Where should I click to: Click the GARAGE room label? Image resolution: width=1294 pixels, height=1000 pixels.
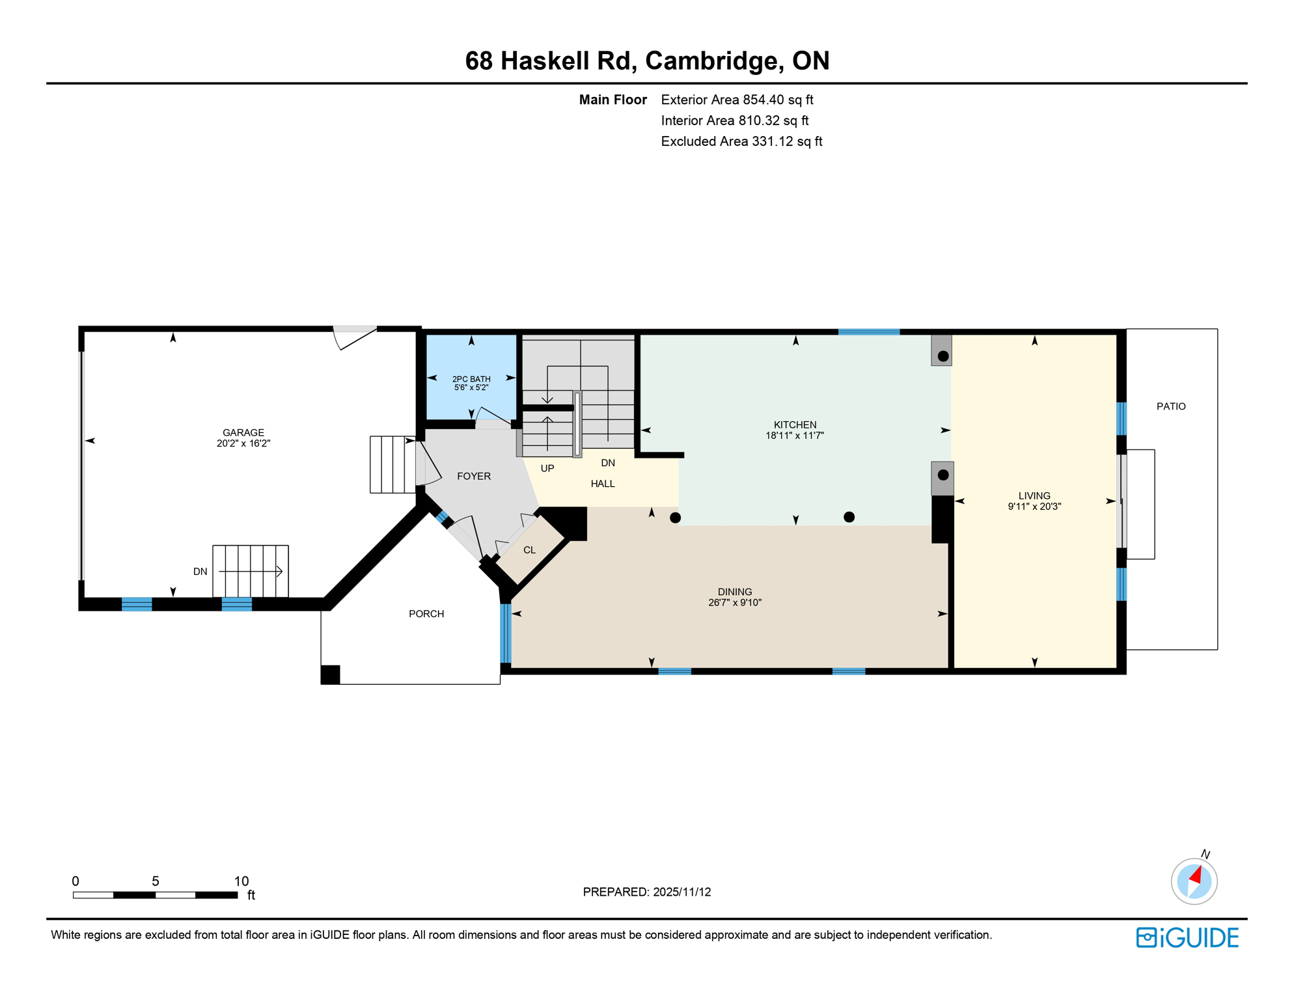243,432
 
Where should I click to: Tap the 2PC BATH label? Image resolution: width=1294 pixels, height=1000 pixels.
471,379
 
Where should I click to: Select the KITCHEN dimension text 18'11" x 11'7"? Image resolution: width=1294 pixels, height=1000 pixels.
795,436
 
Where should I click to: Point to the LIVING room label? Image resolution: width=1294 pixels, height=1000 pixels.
1034,495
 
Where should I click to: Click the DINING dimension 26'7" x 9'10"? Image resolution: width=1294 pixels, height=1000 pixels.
735,603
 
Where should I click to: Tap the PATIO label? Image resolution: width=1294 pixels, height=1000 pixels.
1171,406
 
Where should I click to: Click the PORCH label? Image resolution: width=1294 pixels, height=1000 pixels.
426,614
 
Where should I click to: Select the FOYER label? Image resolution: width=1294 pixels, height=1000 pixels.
474,477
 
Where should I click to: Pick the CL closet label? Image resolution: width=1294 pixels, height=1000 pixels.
529,550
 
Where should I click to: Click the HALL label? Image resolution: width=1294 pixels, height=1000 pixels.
603,484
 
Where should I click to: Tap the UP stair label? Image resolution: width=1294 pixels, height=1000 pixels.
547,469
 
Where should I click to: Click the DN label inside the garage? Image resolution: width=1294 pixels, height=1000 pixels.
200,572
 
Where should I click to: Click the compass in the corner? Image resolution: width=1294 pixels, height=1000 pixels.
1194,882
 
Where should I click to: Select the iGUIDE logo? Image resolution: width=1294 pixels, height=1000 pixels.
1187,937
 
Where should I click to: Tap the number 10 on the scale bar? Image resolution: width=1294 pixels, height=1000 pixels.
241,882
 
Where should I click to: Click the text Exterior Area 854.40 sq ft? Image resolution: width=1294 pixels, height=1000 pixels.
737,100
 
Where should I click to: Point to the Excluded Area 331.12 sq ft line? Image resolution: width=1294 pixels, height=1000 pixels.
741,141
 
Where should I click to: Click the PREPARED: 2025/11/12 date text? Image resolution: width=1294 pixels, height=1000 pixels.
647,892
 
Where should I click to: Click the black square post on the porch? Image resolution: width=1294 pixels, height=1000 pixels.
331,674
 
